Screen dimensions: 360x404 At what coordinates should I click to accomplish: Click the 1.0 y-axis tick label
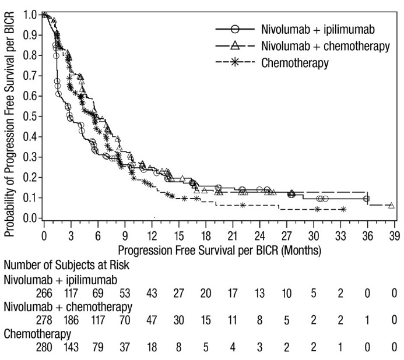30,14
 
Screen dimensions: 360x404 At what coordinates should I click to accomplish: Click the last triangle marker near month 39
391,206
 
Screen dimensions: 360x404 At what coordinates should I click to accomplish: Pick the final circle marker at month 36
366,199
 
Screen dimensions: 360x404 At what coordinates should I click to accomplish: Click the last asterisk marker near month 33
342,209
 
